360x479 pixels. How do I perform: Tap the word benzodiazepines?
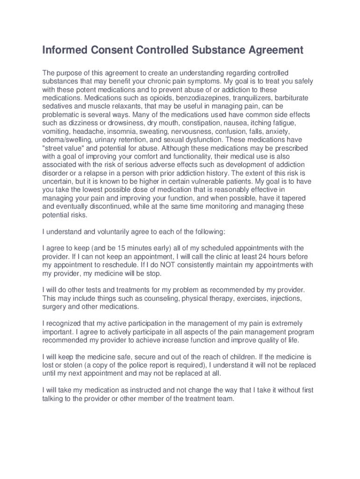tap(181, 98)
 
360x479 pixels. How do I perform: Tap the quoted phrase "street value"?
tap(63, 148)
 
